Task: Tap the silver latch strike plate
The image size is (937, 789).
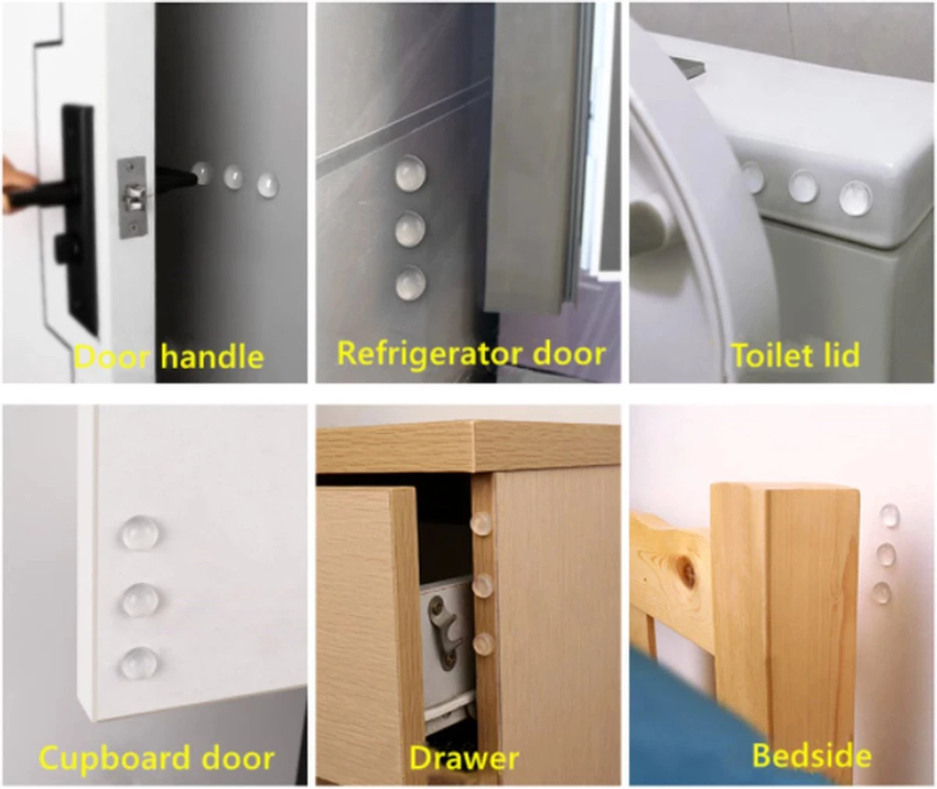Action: tap(132, 197)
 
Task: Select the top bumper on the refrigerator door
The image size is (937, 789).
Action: tap(410, 172)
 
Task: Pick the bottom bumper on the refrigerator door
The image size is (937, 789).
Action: tap(410, 283)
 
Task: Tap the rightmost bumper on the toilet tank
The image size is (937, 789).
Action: tap(855, 197)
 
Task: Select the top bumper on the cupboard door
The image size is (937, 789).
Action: tap(140, 533)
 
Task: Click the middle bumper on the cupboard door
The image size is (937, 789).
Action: tap(140, 600)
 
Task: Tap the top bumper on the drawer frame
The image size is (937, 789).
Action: tap(481, 524)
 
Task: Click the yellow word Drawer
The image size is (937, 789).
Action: tap(464, 758)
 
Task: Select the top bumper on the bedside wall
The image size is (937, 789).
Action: tap(889, 516)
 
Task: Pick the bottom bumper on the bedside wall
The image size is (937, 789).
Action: tap(882, 592)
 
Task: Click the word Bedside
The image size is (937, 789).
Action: tap(812, 755)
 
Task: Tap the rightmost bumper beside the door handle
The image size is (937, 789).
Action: tap(268, 185)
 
